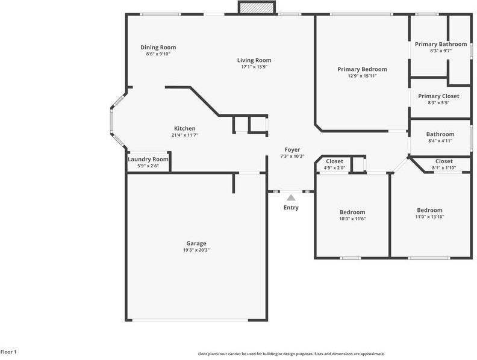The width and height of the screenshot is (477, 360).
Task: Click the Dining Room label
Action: coord(158,47)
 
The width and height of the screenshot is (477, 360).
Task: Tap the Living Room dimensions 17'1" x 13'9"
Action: coord(254,67)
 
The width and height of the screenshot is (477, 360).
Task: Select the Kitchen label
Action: coord(185,128)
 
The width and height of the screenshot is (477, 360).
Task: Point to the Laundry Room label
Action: coord(148,160)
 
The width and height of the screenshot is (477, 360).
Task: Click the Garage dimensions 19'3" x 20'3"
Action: coord(196,250)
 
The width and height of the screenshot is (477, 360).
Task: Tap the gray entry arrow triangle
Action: coord(291,197)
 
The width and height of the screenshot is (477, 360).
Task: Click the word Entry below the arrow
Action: coord(291,207)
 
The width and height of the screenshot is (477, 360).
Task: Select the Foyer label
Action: coord(292,149)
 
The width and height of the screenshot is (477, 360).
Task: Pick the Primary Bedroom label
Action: coord(363,69)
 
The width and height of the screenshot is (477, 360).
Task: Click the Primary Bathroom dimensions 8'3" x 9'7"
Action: coord(441,51)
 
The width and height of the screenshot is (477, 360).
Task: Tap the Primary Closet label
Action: coord(438,96)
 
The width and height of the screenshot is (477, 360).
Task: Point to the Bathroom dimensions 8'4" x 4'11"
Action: coord(440,141)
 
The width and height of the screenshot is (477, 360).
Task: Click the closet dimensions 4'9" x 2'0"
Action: coord(334,167)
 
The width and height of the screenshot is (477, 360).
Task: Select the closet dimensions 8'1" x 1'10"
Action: coord(444,167)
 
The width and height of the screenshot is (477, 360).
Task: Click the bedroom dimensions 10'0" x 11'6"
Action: coord(352,219)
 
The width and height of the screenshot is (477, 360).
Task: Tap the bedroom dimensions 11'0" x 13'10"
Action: coord(429,217)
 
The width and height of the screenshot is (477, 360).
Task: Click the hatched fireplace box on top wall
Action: coord(257,8)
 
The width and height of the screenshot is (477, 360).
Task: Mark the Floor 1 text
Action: coord(8,352)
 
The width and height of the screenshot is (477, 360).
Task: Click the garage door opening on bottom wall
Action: coord(190,320)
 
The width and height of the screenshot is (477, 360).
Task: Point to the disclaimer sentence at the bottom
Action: coord(291,354)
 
